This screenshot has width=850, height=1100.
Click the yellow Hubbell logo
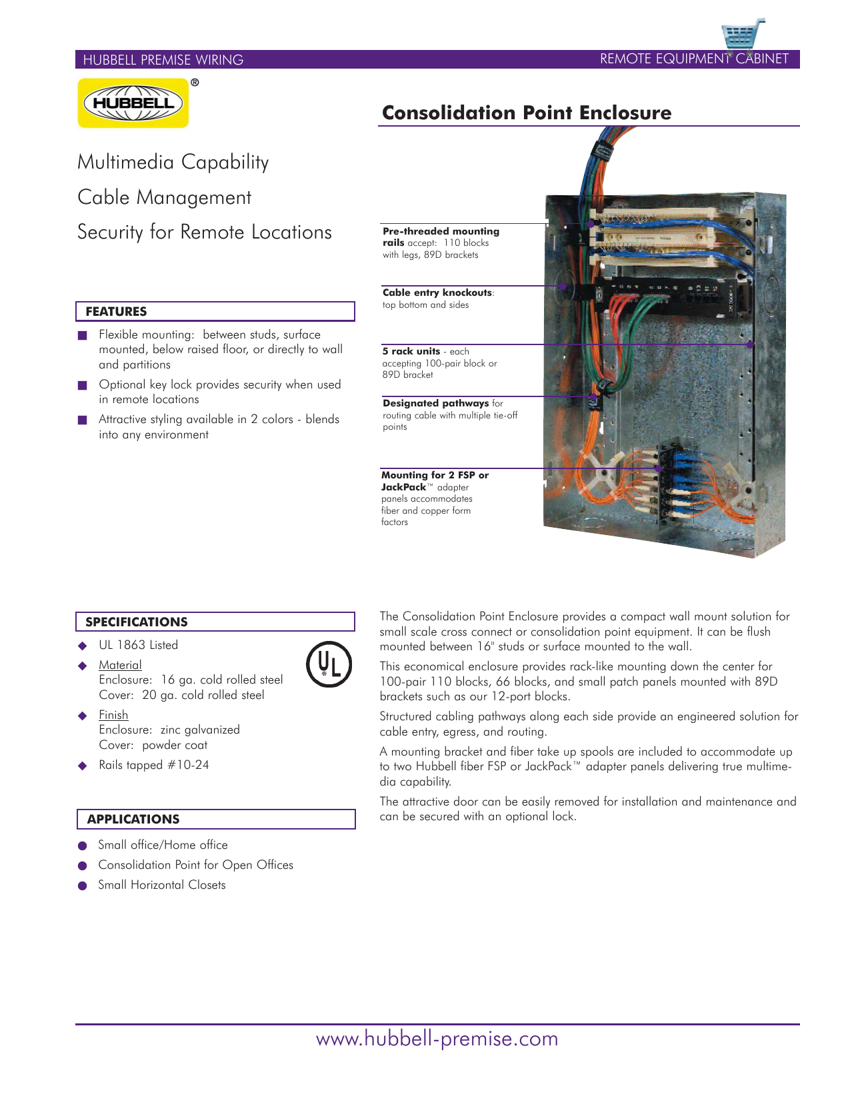[133, 103]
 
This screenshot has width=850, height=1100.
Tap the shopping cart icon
[741, 37]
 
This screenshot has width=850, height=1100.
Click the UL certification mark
[329, 664]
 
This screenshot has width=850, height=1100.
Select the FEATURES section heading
[116, 311]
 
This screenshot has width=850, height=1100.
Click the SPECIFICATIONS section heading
[136, 622]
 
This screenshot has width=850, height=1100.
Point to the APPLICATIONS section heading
[133, 819]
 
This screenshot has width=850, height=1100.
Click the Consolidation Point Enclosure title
[526, 113]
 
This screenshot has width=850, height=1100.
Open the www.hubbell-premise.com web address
[437, 1038]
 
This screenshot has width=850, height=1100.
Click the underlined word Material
[120, 665]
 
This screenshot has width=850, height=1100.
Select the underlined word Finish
[113, 715]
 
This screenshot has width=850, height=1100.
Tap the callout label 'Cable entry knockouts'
[437, 292]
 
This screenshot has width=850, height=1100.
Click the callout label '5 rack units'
[411, 351]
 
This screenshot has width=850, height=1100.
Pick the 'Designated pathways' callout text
[435, 403]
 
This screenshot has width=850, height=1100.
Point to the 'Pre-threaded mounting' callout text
[441, 231]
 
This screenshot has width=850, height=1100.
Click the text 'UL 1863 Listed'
[138, 645]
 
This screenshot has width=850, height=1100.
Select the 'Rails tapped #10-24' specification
[153, 765]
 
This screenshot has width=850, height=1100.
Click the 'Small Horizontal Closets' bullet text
[161, 885]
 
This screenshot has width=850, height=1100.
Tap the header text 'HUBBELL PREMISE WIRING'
[163, 60]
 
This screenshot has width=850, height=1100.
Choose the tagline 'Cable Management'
[164, 197]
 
